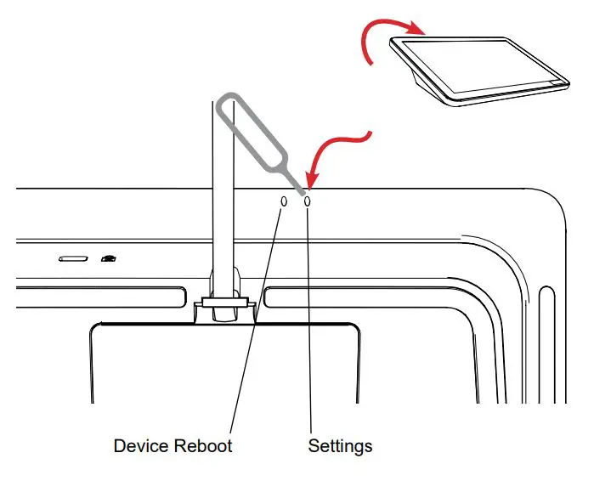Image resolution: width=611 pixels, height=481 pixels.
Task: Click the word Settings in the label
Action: [x=340, y=445]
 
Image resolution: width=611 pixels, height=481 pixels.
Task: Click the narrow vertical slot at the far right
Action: [x=546, y=340]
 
